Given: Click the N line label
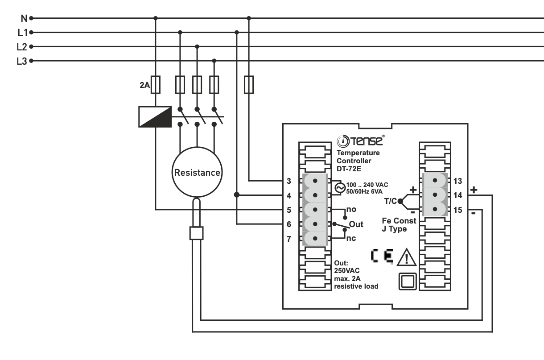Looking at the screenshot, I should [x=25, y=18].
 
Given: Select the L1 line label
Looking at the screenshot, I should [x=22, y=33].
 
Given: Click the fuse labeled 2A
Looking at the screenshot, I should [x=156, y=84].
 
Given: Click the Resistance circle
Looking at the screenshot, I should [x=197, y=172].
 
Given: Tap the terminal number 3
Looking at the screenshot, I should [x=289, y=181].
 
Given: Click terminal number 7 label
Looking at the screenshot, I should [x=289, y=239].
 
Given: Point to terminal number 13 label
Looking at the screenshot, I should [x=457, y=181].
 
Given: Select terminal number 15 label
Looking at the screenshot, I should [x=457, y=210].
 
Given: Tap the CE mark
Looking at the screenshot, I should [x=382, y=257].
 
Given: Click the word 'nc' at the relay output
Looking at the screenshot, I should [x=351, y=239].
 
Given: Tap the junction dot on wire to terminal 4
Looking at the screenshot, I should [x=237, y=195].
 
